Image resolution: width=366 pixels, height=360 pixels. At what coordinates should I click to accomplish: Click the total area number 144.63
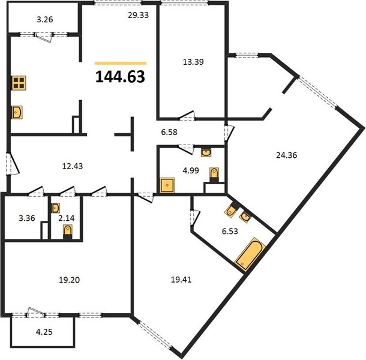[x=120, y=77]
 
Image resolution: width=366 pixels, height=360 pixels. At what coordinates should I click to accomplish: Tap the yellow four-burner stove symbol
[x=19, y=83]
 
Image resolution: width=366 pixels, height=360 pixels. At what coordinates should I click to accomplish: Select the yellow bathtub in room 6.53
[x=250, y=254]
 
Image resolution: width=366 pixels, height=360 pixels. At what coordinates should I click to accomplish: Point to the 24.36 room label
[x=286, y=155]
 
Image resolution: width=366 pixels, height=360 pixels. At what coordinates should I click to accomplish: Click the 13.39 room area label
[x=193, y=62]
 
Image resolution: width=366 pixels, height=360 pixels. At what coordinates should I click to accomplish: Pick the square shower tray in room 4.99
[x=167, y=185]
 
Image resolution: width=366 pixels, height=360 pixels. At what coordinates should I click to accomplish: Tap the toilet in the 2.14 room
[x=68, y=232]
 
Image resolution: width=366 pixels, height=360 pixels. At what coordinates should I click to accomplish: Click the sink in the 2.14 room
[x=56, y=208]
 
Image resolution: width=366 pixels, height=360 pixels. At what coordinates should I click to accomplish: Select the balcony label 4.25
[x=44, y=332]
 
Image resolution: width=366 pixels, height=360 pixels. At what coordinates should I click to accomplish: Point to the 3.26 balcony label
[x=45, y=19]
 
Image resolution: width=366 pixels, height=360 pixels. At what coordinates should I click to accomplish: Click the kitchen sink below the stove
[x=17, y=113]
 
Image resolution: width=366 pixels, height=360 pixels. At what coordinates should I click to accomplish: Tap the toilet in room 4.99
[x=214, y=174]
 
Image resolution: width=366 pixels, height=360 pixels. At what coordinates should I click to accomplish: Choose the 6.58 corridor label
[x=169, y=133]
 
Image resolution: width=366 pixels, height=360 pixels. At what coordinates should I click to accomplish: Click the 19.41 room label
[x=181, y=280]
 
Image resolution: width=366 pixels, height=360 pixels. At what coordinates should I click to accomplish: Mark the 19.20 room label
[x=70, y=280]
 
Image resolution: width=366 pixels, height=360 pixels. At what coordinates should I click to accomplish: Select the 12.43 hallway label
[x=73, y=166]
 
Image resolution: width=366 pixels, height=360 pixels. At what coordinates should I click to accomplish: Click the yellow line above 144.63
[x=121, y=63]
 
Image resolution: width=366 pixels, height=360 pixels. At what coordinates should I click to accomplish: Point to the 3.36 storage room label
[x=27, y=218]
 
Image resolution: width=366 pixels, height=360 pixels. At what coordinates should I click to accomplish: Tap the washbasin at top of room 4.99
[x=206, y=152]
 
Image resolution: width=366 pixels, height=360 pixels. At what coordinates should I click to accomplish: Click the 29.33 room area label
[x=139, y=15]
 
